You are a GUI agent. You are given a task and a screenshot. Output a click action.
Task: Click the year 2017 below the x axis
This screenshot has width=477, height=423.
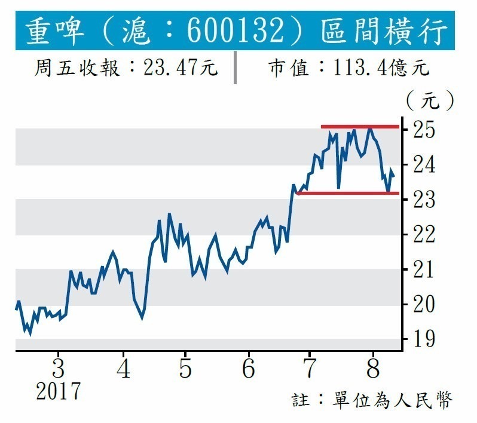pyautogui.click(x=58, y=392)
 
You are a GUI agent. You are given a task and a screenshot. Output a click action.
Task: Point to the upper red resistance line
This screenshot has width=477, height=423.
pyautogui.click(x=359, y=127)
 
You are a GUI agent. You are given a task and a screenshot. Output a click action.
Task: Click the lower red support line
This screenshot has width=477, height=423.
pyautogui.click(x=347, y=193)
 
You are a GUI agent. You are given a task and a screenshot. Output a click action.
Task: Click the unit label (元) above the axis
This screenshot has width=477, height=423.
pyautogui.click(x=429, y=100)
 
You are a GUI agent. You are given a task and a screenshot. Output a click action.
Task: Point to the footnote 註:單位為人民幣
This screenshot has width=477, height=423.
pyautogui.click(x=372, y=400)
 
